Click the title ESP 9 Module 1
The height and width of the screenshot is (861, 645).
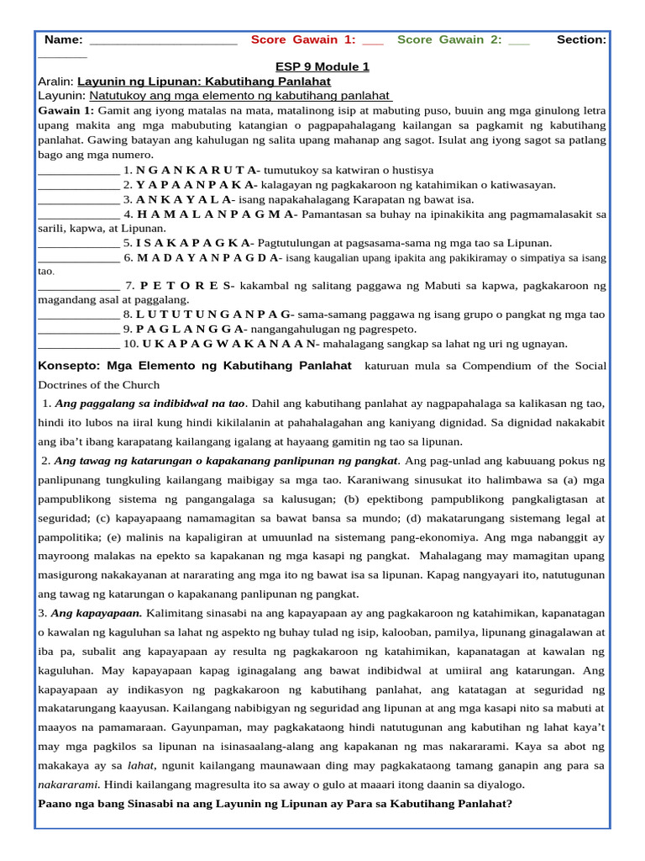[322, 66]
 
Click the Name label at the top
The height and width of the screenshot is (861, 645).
[63, 40]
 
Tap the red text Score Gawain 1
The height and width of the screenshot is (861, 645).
[303, 40]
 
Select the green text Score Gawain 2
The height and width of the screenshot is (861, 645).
[449, 40]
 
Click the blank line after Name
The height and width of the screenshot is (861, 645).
[163, 40]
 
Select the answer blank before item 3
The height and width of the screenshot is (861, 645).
[79, 200]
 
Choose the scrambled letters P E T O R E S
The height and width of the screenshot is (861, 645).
[193, 286]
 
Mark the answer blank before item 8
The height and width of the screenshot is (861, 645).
[79, 314]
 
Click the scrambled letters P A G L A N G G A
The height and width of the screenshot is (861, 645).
[191, 329]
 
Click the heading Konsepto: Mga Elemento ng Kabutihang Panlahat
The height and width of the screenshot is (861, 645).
[195, 366]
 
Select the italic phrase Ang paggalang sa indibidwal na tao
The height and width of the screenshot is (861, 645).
[149, 403]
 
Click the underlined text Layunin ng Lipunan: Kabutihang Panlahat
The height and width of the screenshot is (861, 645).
[204, 82]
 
